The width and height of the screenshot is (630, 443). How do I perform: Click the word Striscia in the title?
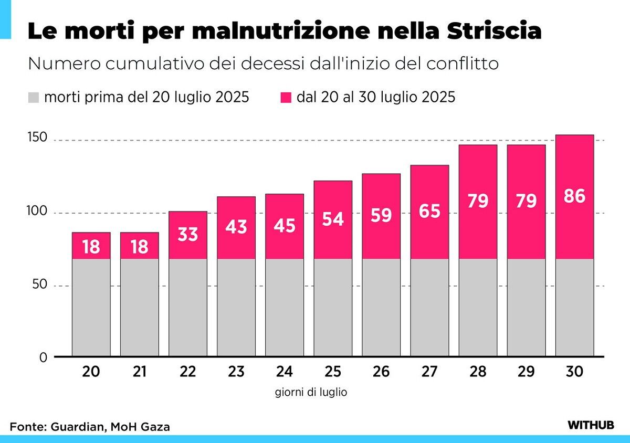pos(494,31)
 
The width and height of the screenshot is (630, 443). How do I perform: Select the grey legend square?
pos(34,98)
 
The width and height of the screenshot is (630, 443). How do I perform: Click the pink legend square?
pos(286,98)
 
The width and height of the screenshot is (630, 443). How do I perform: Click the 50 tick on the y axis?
pos(44,285)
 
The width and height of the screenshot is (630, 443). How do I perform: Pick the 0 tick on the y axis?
pos(44,357)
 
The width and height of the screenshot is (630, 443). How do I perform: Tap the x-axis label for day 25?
pos(333,372)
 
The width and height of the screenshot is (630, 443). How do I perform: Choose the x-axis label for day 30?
pos(574,372)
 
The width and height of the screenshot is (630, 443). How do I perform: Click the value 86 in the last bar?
pos(574,196)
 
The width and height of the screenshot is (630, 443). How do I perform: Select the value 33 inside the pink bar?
pos(187,234)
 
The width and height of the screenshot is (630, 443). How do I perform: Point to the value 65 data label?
pos(429,211)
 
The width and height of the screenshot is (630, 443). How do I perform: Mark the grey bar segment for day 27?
pos(429,307)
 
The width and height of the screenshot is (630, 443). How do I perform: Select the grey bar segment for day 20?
pos(91,307)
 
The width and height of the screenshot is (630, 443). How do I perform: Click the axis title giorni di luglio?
pos(311,392)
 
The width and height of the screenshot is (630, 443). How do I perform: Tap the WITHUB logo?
pos(591,425)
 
